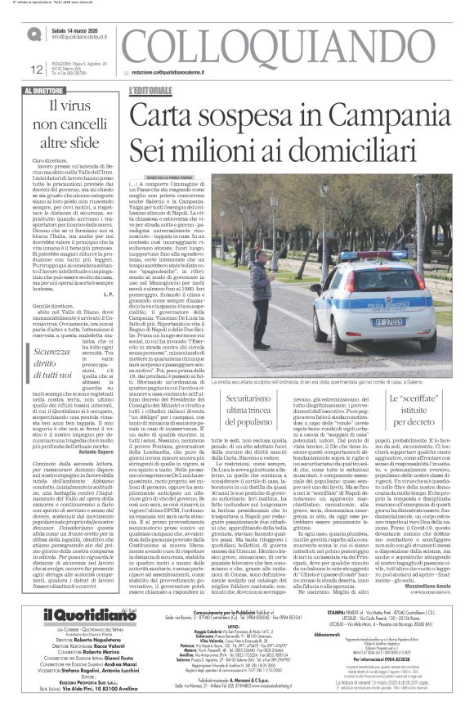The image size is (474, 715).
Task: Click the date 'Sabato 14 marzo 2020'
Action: click(83, 29)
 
